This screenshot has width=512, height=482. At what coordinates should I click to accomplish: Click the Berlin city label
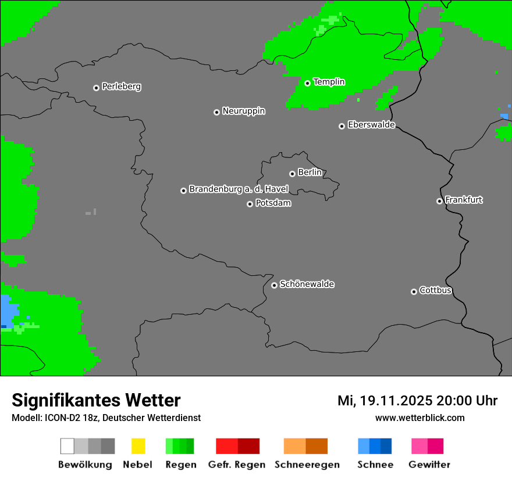(310, 172)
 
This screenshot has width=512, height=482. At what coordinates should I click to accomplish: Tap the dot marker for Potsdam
(250, 204)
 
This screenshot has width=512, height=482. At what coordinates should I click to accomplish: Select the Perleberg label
(121, 87)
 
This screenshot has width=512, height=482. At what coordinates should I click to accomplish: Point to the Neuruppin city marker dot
(216, 112)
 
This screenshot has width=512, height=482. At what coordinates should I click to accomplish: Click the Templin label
(329, 82)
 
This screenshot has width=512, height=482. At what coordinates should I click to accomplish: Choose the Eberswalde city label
(371, 125)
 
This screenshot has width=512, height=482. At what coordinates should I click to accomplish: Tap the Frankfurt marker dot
(439, 202)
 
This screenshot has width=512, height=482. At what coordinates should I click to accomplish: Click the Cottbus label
(435, 290)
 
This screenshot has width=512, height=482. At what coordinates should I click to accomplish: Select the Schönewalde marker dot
(274, 285)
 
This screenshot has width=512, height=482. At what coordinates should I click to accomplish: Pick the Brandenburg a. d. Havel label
(239, 189)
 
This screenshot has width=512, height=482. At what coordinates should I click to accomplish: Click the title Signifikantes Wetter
(96, 400)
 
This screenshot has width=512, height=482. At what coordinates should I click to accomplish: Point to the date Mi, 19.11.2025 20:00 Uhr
(417, 401)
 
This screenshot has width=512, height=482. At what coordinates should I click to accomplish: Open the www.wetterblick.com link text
(419, 418)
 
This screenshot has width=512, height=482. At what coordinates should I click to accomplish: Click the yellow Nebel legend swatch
(138, 446)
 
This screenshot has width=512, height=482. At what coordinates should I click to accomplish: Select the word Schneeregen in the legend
(307, 465)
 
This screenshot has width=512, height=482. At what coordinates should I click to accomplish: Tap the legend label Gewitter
(429, 465)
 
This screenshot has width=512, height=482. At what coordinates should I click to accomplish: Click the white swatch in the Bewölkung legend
(67, 446)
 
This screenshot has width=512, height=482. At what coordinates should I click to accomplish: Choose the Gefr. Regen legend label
(236, 465)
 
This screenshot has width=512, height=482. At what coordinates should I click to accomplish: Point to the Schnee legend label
(375, 465)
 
